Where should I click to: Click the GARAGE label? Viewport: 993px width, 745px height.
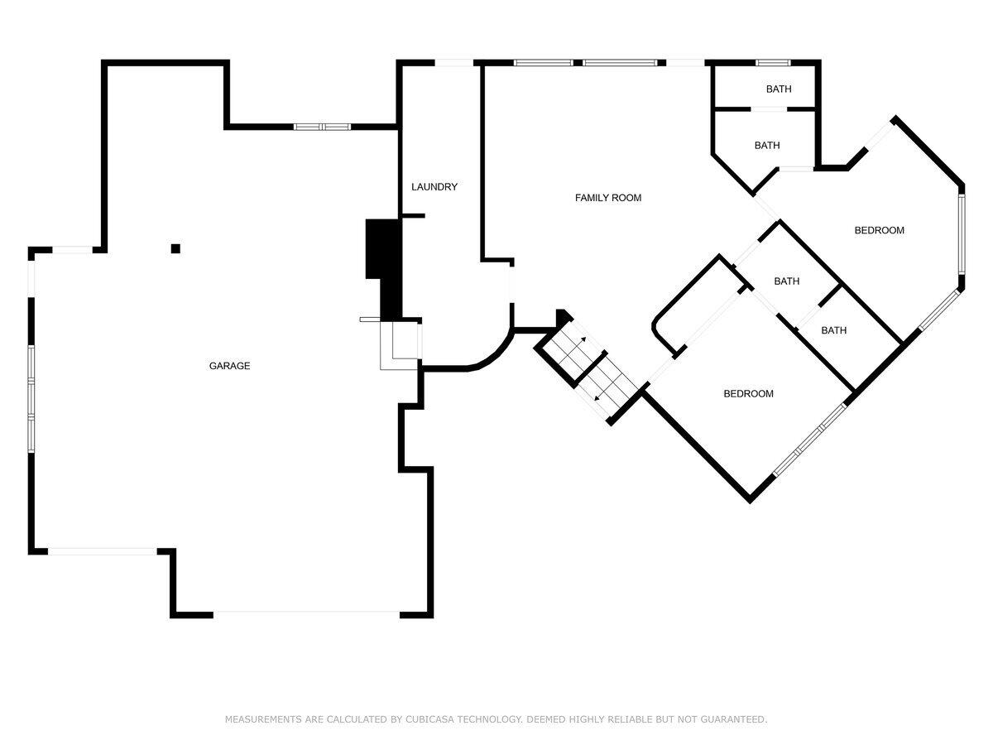229,366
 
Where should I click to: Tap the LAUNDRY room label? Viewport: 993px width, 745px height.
434,187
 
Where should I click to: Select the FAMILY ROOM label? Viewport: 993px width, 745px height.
608,198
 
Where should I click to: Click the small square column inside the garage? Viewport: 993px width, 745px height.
175,248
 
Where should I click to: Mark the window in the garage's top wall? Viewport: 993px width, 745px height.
323,127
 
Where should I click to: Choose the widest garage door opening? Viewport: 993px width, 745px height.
307,613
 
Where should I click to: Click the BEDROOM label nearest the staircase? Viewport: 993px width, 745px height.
748,394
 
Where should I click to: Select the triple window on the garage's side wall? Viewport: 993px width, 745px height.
31,397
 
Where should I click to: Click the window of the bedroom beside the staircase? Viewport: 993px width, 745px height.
810,440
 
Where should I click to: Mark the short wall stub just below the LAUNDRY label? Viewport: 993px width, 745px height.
413,216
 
